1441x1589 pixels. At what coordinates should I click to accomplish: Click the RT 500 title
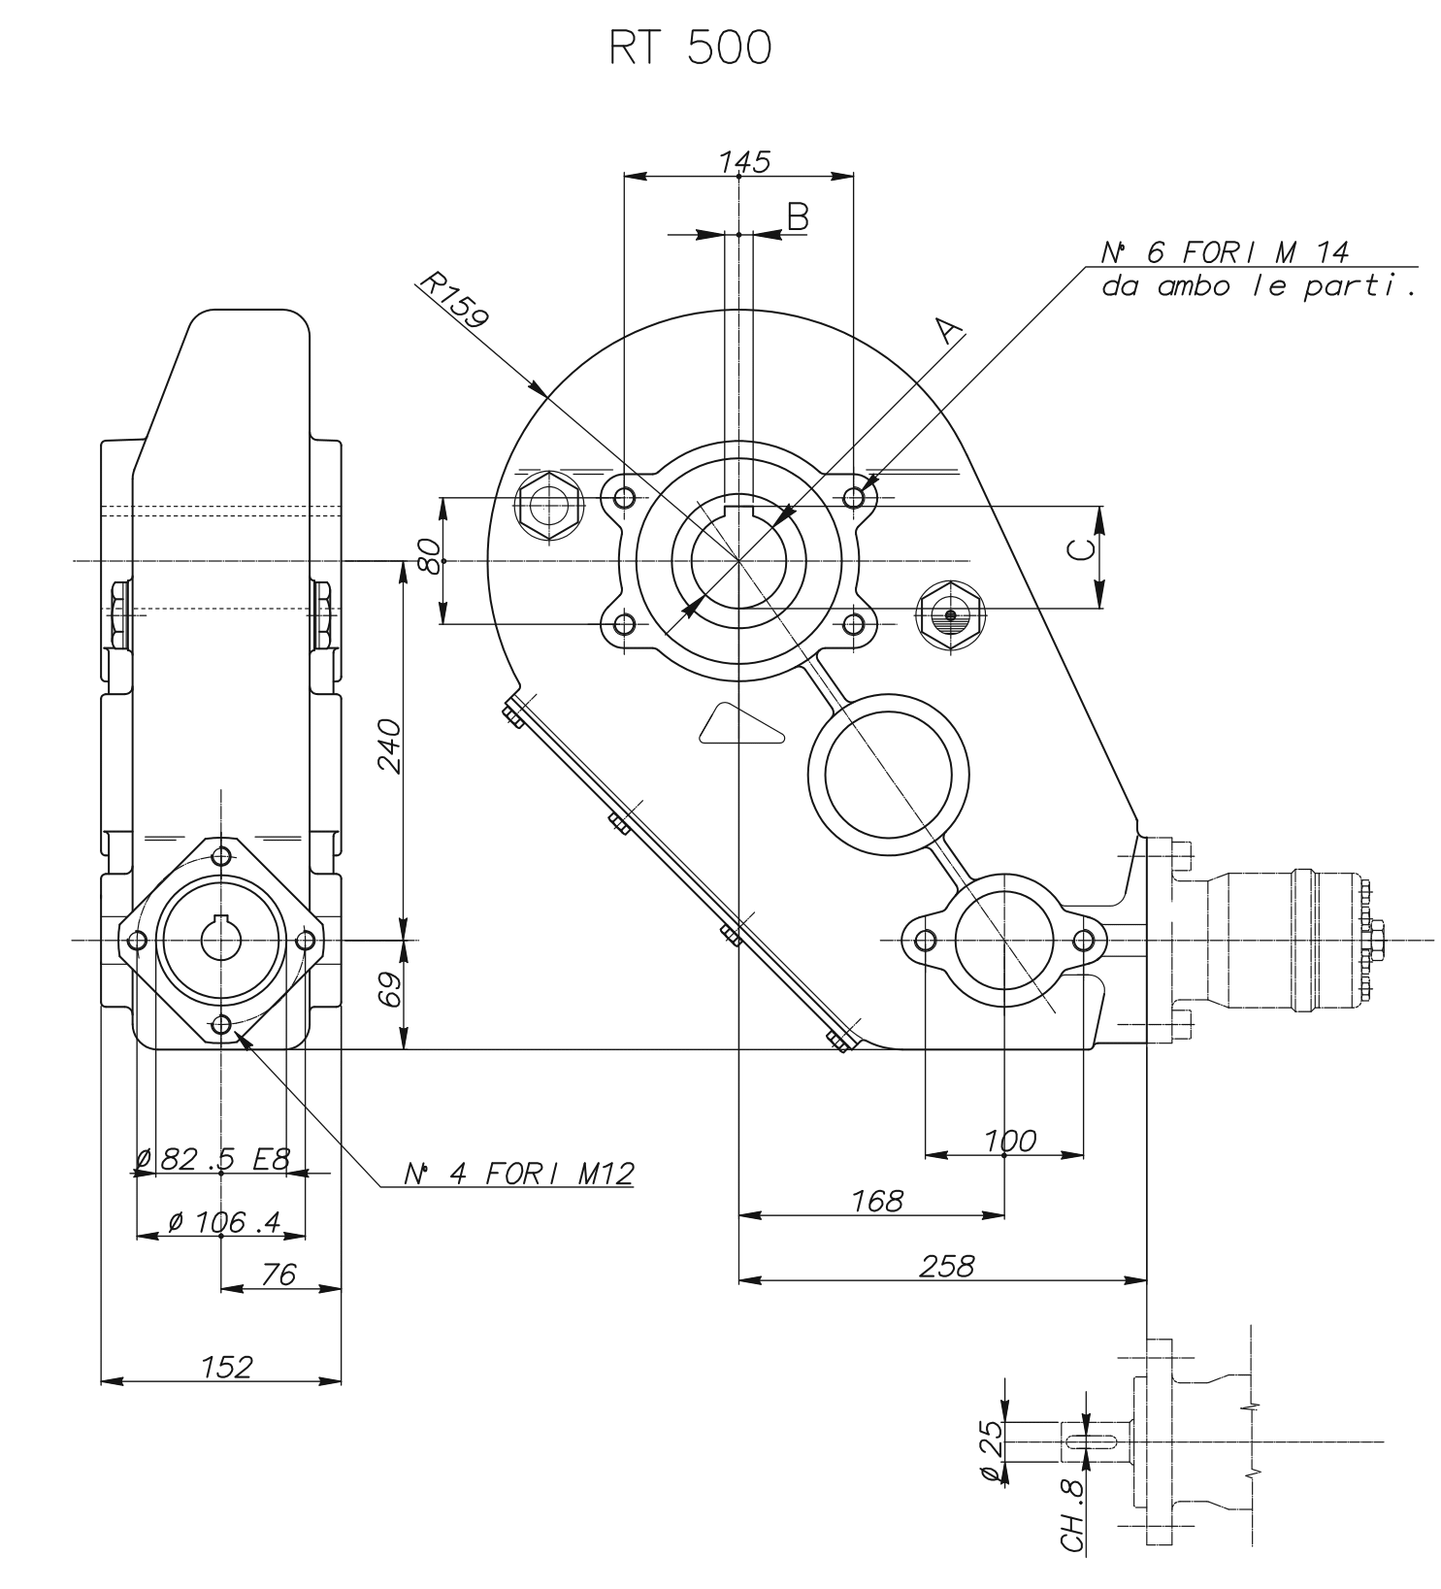690,49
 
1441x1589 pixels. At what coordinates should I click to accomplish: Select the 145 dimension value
744,161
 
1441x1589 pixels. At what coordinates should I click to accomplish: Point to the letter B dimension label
797,216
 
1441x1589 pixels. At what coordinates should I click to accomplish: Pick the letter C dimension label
1080,549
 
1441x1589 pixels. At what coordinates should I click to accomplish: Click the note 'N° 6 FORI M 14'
1225,252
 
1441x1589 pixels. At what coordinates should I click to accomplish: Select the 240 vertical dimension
389,745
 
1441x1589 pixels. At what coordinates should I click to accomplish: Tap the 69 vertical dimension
389,991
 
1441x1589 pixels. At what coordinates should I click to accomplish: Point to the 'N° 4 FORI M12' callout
518,1174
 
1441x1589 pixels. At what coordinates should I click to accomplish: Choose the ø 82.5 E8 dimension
213,1159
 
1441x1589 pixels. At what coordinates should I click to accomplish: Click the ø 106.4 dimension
223,1222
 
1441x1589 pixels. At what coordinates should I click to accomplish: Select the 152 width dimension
226,1367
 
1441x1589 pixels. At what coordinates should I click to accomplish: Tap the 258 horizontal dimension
946,1266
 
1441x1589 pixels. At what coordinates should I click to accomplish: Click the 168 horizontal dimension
876,1201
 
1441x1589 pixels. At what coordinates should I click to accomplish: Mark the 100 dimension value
1009,1141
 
